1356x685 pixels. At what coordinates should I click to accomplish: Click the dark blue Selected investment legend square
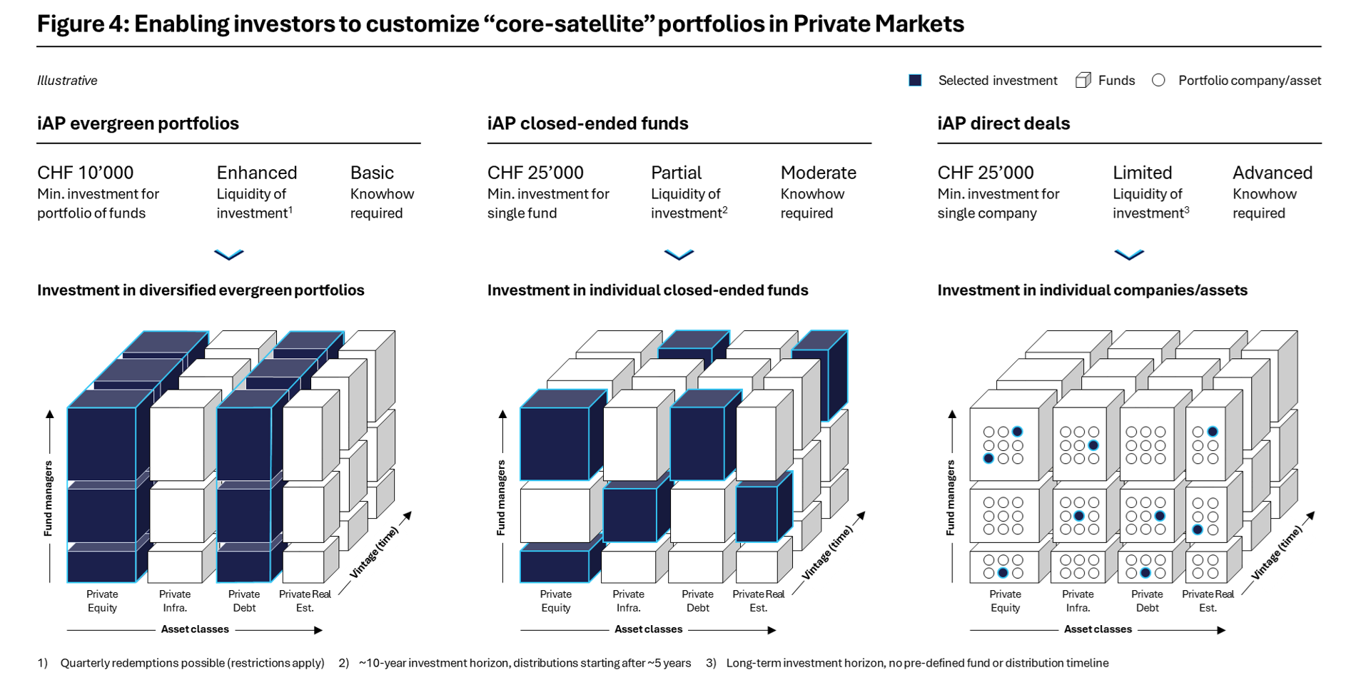tap(915, 81)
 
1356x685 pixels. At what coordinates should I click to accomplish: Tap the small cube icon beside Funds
tap(1083, 81)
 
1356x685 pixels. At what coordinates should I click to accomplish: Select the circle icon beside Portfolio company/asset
tap(1158, 81)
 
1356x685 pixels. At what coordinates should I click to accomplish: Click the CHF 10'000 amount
tap(86, 173)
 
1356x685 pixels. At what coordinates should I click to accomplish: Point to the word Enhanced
tap(257, 173)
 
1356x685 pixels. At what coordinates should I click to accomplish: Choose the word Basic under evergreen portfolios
tap(372, 173)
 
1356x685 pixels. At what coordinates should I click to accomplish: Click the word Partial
tap(676, 173)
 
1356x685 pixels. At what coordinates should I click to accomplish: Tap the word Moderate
tap(818, 173)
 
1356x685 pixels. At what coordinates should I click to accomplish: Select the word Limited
tap(1142, 173)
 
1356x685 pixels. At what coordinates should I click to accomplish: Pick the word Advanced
tap(1272, 173)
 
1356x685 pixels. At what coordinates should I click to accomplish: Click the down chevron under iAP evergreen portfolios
tap(229, 255)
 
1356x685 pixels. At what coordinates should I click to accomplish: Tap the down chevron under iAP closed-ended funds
tap(679, 255)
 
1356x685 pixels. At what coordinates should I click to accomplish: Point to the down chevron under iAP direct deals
tap(1129, 255)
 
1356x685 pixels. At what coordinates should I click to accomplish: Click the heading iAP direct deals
tap(1003, 123)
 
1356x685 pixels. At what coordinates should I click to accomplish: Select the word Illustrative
tap(67, 81)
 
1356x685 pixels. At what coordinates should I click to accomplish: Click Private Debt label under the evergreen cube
tap(244, 601)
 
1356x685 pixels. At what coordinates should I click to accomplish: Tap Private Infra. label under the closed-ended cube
tap(628, 601)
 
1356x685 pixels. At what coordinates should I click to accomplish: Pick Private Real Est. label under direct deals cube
tap(1208, 601)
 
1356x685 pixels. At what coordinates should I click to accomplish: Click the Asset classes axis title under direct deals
tap(1098, 629)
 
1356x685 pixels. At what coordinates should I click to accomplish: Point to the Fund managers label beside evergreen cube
tap(49, 498)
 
